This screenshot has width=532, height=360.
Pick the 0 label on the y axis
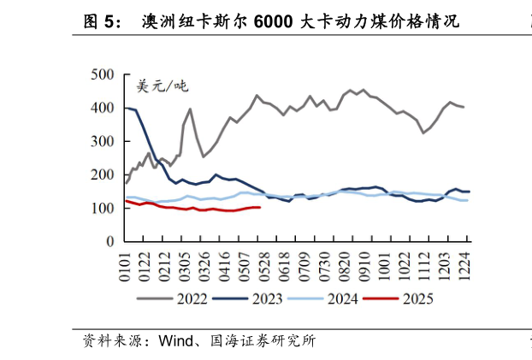click(x=109, y=242)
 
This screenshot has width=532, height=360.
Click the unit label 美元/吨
click(x=162, y=86)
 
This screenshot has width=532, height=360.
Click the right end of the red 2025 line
click(x=259, y=207)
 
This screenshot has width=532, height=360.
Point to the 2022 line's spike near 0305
click(x=190, y=109)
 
